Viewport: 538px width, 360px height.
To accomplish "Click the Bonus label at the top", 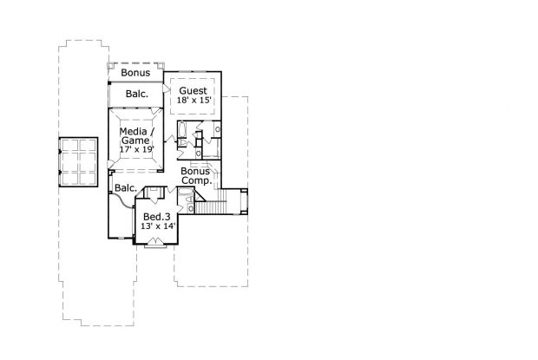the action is click(x=135, y=72).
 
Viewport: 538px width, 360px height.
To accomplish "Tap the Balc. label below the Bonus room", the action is click(x=137, y=94).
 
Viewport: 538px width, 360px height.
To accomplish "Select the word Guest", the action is click(x=194, y=91).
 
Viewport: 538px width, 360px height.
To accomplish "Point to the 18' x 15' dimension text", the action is click(x=194, y=100).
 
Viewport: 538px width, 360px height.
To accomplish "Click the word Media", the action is click(x=134, y=131).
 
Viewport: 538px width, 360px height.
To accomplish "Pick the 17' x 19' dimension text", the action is click(x=137, y=149).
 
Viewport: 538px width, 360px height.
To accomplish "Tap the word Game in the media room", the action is click(x=135, y=141).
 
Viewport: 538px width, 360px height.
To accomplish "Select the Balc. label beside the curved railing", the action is click(x=126, y=188).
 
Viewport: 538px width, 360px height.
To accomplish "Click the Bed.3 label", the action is click(x=156, y=217).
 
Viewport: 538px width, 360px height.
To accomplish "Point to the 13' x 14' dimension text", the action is click(x=158, y=226).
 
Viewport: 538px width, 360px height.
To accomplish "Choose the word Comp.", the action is click(x=196, y=180).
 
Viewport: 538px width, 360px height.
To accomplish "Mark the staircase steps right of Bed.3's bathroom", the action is click(x=211, y=207).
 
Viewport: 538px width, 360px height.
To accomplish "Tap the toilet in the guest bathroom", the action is click(x=182, y=142).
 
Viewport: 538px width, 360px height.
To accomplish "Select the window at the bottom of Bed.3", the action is click(x=156, y=245).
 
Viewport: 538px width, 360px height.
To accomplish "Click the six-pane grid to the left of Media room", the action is click(x=78, y=162).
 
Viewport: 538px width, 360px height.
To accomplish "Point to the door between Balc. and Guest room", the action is click(x=166, y=89).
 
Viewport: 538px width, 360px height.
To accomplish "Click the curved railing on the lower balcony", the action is click(x=121, y=201).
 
